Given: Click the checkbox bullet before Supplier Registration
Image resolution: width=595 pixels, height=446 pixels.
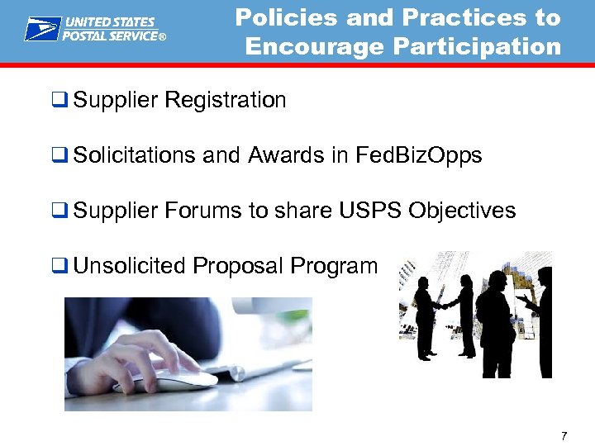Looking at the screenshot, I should pos(59,101).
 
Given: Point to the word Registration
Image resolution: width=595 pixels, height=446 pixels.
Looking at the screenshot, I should pos(226,101).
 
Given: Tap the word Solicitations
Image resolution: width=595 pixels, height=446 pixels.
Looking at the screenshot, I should pos(133,156).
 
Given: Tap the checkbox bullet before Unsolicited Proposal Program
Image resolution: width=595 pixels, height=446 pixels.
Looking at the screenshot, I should pos(59,266).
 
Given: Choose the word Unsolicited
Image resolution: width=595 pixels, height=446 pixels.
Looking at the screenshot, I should pos(130,266).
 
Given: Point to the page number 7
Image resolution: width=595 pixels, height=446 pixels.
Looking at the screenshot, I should pos(563,435).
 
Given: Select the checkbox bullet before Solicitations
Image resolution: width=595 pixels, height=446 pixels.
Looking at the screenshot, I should pos(59,156).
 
